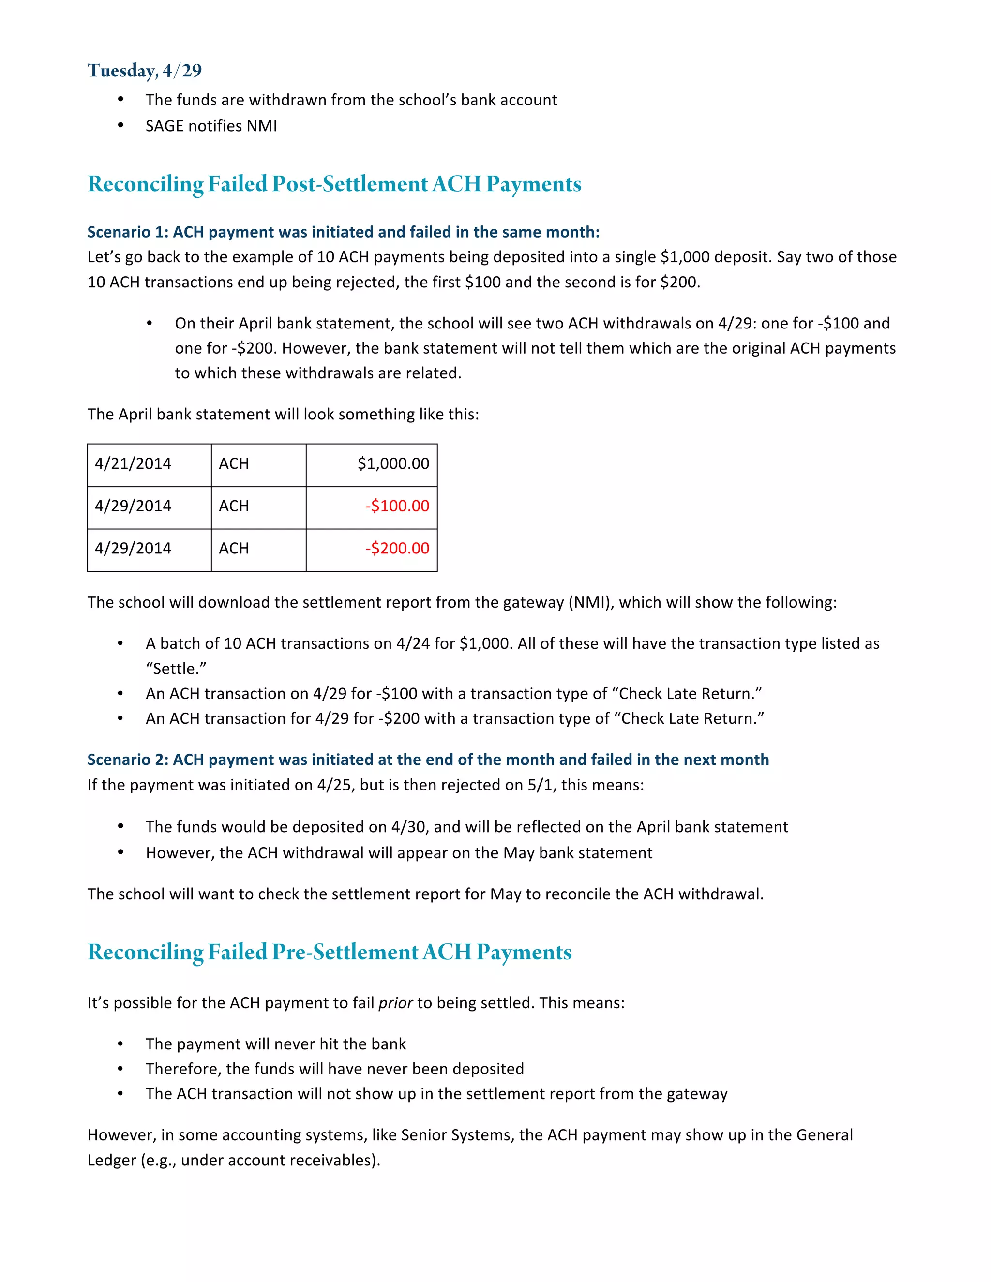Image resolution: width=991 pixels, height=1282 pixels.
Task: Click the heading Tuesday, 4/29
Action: tap(144, 71)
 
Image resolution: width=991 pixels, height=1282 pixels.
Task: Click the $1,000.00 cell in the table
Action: tap(393, 464)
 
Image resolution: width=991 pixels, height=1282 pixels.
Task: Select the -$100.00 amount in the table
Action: tap(397, 506)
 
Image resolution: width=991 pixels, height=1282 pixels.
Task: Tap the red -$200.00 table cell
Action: tap(397, 548)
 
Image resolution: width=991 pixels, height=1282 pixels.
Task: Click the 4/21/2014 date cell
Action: tap(133, 464)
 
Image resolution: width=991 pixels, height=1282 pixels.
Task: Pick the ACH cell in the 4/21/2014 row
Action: tap(234, 464)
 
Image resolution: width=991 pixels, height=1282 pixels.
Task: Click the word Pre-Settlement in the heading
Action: tap(345, 952)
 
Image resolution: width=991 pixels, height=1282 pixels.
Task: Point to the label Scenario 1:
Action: tap(128, 232)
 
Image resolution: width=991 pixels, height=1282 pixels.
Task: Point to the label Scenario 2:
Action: tap(128, 760)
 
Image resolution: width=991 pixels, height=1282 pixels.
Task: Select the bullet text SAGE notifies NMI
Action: tap(211, 126)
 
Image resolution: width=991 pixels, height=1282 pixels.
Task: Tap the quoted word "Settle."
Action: tap(176, 669)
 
